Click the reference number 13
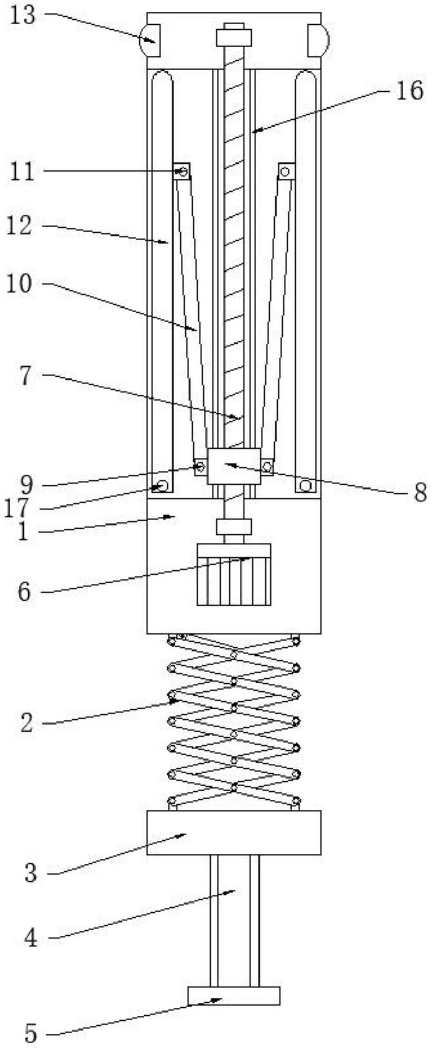pyautogui.click(x=23, y=15)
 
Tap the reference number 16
pyautogui.click(x=409, y=91)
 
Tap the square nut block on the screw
pyautogui.click(x=233, y=466)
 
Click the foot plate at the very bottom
pyautogui.click(x=234, y=996)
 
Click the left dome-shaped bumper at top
pyautogui.click(x=149, y=40)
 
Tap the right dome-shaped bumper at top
pyautogui.click(x=318, y=40)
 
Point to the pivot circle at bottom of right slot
pyautogui.click(x=305, y=485)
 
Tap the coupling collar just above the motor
pyautogui.click(x=234, y=527)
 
